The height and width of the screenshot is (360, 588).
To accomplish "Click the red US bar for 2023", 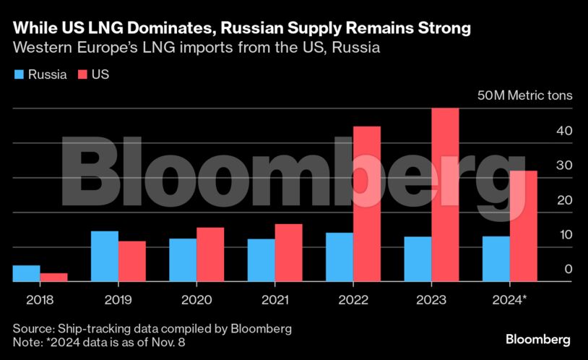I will pos(445,195).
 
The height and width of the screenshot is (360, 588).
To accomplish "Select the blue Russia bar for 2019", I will pos(104,256).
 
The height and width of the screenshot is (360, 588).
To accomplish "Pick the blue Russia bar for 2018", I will pos(26,273).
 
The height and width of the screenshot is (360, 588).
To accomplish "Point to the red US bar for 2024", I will pos(523,226).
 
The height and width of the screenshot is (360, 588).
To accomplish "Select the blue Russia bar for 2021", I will pos(261,260).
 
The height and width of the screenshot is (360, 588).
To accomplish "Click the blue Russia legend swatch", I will pos(18,74).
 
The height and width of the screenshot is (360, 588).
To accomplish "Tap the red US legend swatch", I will pos(82,74).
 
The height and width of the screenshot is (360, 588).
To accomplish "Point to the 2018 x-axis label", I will pos(40,299).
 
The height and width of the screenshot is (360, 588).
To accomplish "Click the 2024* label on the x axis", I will pos(509,299).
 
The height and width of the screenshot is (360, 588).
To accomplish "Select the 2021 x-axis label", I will pos(274,299).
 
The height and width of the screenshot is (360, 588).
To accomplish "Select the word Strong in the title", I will pos(441,28).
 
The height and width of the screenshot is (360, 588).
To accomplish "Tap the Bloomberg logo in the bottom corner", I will pos(537,339).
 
